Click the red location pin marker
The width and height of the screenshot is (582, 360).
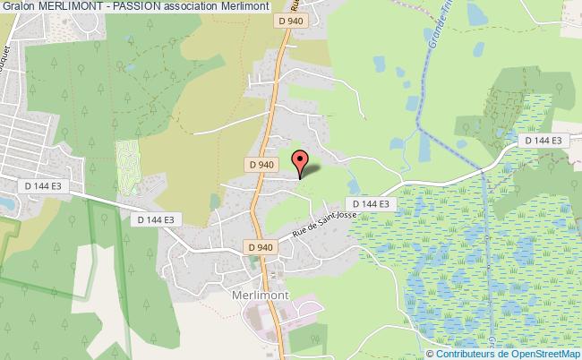click(301, 163)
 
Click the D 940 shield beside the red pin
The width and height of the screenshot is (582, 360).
click(260, 165)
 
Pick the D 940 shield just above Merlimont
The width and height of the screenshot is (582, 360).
click(260, 247)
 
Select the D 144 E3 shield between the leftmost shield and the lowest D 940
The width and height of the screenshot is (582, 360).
click(156, 219)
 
